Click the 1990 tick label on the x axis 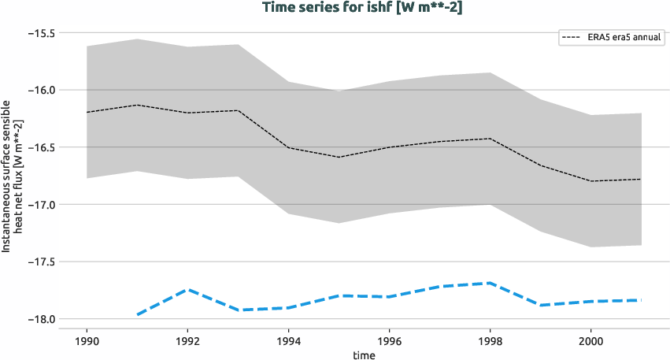(87, 341)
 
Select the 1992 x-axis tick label (187, 341)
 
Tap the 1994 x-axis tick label (288, 341)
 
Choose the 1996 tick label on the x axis (389, 341)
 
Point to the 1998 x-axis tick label (490, 341)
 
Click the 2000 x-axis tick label (590, 341)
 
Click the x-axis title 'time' (364, 354)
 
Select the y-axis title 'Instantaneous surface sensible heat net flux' (12, 176)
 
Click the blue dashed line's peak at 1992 (187, 289)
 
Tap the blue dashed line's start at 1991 (138, 314)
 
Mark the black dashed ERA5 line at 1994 (288, 147)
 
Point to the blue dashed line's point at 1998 (490, 283)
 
